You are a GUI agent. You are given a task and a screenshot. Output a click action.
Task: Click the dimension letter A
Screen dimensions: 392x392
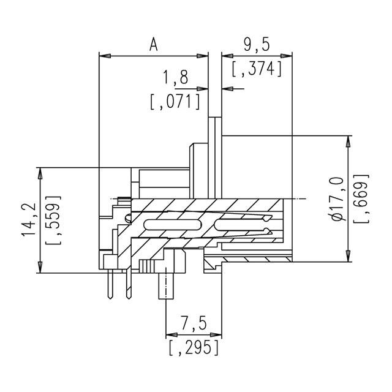click(153, 44)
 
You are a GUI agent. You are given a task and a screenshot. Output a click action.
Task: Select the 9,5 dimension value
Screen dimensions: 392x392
click(257, 44)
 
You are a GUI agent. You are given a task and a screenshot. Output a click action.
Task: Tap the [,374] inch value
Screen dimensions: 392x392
click(257, 69)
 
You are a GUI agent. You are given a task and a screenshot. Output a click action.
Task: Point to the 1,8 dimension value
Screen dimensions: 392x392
click(176, 77)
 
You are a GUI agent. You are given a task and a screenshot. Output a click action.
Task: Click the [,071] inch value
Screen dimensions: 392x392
click(175, 100)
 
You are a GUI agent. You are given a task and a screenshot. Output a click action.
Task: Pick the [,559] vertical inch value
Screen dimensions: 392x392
click(53, 221)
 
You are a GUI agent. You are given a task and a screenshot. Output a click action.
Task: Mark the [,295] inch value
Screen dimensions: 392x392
click(193, 348)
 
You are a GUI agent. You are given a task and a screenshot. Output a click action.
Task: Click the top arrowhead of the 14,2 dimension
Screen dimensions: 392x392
click(41, 171)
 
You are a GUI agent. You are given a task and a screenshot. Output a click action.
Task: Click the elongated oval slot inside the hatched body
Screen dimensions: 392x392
click(172, 226)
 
